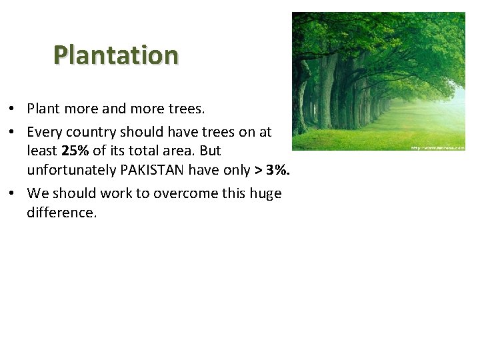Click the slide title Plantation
pos(116,55)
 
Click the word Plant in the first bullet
pos(43,107)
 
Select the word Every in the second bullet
pos(44,131)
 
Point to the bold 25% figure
pos(75,151)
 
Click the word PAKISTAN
pos(152,170)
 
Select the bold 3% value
pos(276,170)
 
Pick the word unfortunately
pos(70,170)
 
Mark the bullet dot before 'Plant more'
pos(13,108)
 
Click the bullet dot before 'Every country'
pos(13,132)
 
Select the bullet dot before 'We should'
pos(13,194)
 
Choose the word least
pos(42,151)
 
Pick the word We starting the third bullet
pos(37,194)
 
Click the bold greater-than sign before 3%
pos(257,170)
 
